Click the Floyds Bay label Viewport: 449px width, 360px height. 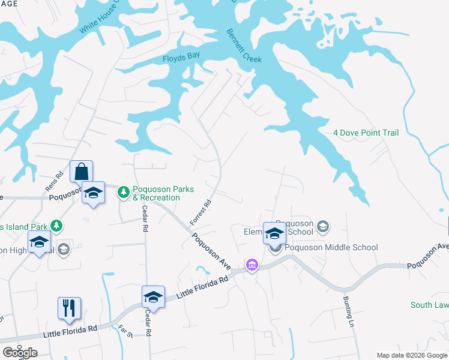pos(181,59)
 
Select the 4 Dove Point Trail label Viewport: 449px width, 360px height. pos(366,133)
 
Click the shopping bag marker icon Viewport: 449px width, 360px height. pos(81,172)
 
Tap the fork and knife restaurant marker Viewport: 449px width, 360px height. pos(70,308)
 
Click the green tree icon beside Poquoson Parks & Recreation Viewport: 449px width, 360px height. pos(124,192)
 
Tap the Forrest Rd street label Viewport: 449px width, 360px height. pos(201,212)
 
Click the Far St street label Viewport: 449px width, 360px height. pos(125,329)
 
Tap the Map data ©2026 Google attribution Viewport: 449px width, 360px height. pos(412,355)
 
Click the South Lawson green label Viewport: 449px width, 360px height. pos(429,305)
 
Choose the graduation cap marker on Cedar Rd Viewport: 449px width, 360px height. pos(153,297)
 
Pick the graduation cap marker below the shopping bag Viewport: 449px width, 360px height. pos(93,193)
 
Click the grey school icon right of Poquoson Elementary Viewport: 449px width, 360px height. pos(322,226)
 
